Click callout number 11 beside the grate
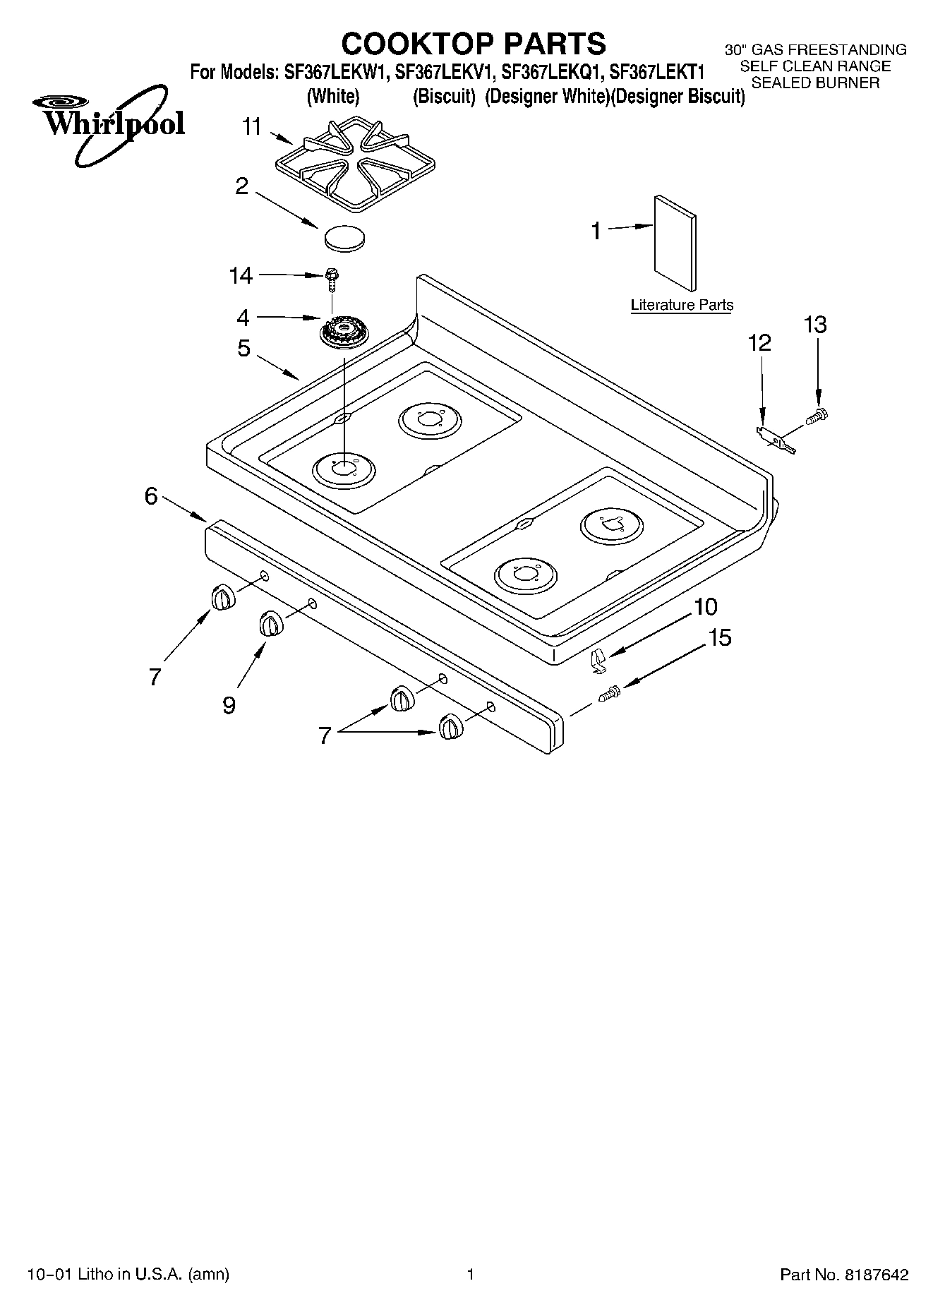coord(251,127)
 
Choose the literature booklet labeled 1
coord(675,242)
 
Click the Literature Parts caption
coord(681,305)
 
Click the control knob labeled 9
coord(270,623)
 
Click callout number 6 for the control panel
coord(151,496)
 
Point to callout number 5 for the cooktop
coord(243,348)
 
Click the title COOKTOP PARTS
coord(474,44)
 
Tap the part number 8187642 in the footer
coord(875,1275)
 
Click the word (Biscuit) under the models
coord(444,97)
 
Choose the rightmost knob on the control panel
coord(450,726)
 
